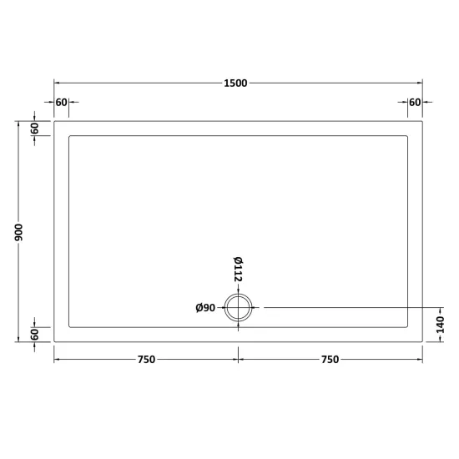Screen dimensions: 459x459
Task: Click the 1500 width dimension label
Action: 235,83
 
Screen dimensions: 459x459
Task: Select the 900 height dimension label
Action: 18,233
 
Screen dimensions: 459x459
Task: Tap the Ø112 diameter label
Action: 238,270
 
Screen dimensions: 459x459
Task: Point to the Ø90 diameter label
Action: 205,308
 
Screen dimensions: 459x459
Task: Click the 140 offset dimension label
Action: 440,325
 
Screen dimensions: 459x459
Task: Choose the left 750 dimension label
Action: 146,360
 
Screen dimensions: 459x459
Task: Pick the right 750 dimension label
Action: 330,360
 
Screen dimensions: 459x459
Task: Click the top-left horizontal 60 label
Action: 62,103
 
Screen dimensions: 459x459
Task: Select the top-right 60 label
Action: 415,103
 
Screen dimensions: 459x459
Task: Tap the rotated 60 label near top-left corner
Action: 34,129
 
